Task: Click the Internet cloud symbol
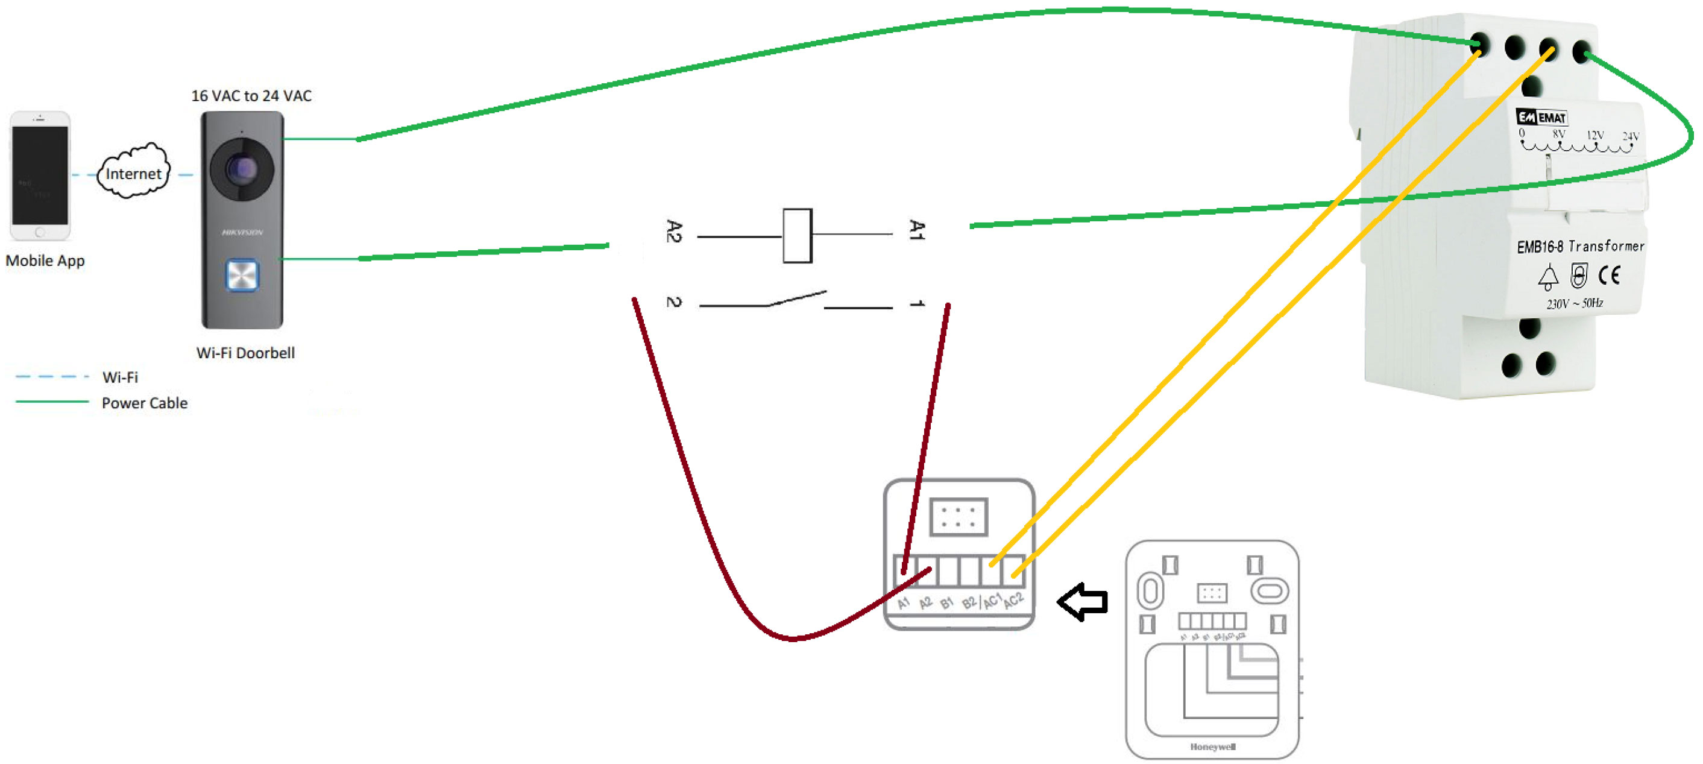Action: [134, 172]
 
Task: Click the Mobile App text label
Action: [45, 260]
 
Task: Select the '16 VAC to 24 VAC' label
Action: [251, 96]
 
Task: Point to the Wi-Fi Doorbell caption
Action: [245, 353]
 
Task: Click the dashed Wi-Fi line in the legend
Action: [52, 376]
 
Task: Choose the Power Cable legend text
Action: [144, 403]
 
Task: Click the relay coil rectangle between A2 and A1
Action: [798, 236]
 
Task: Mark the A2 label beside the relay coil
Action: [673, 232]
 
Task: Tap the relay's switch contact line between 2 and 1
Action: [796, 300]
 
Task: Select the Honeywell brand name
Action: [1212, 747]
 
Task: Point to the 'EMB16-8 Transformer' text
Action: [1580, 247]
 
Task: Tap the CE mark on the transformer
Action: [1609, 274]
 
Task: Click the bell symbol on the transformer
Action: [1547, 277]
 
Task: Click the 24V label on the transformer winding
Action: [1630, 136]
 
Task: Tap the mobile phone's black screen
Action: [40, 175]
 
